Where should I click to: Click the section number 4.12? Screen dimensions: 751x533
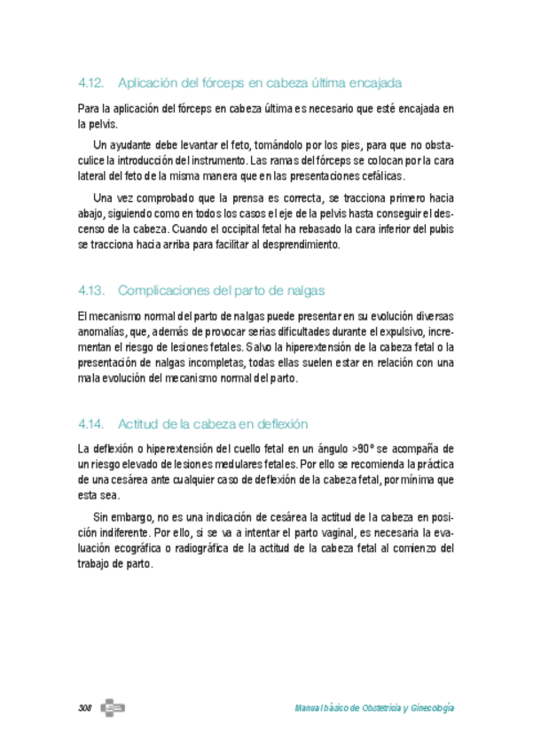(x=91, y=83)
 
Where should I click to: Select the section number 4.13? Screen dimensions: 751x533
(x=91, y=290)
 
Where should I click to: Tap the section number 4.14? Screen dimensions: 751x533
(x=91, y=423)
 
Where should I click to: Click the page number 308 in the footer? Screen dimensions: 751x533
(x=86, y=708)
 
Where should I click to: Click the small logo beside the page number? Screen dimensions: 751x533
(x=113, y=708)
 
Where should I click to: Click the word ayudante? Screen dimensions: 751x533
(x=129, y=144)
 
